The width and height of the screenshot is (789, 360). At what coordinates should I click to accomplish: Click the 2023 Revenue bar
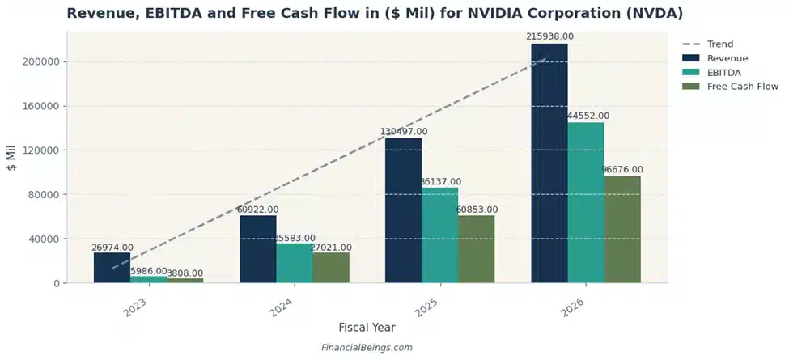click(x=112, y=268)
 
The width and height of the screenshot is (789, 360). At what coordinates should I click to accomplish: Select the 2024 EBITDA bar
click(x=295, y=263)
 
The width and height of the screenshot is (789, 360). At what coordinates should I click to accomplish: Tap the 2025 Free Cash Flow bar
click(x=476, y=249)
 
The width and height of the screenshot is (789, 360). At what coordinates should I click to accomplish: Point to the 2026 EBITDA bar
click(x=586, y=202)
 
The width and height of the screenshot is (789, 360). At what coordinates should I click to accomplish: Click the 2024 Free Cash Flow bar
click(x=331, y=268)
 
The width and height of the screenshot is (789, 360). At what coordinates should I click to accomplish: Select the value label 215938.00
click(x=549, y=36)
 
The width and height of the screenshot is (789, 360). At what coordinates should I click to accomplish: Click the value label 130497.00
click(x=404, y=131)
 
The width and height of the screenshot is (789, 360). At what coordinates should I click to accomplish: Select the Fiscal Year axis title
click(x=367, y=328)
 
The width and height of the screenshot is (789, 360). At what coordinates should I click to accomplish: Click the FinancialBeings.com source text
click(x=367, y=348)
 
